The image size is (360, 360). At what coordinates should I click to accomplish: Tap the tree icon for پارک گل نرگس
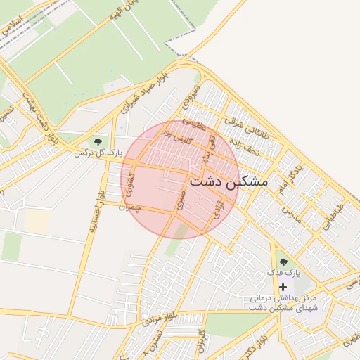pos(97,141)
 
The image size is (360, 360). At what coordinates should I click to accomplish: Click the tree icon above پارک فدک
pos(283,262)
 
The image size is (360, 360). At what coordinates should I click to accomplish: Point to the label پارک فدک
pos(283,272)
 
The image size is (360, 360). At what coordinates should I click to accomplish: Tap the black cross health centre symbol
pos(283,287)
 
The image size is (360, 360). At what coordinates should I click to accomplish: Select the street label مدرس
pos(292,214)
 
